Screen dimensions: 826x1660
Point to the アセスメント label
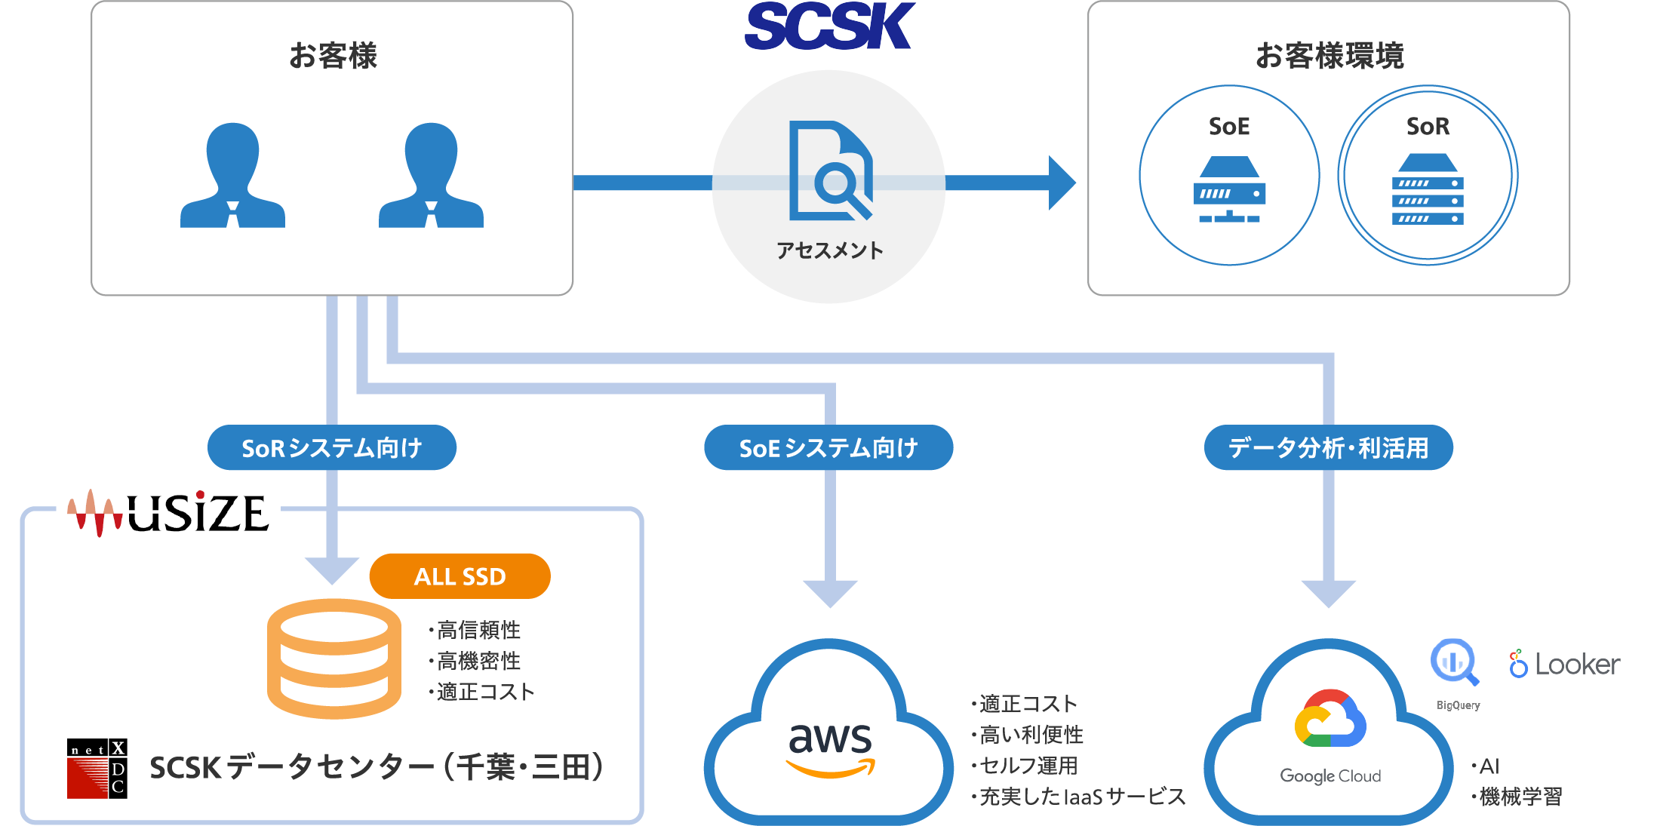click(829, 250)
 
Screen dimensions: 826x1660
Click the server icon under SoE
click(1229, 189)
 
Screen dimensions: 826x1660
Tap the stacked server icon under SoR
click(1428, 189)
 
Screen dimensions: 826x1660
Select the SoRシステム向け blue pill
click(331, 448)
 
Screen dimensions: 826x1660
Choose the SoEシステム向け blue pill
click(828, 448)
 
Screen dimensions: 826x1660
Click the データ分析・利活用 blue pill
click(1328, 448)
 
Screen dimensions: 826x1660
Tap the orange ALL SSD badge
click(460, 576)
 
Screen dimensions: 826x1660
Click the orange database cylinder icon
click(334, 658)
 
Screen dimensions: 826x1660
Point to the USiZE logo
click(168, 513)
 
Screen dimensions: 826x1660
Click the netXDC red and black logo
click(97, 768)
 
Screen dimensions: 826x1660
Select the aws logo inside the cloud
click(830, 747)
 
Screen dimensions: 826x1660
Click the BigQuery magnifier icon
click(1454, 662)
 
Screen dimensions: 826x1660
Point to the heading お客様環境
click(1330, 56)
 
